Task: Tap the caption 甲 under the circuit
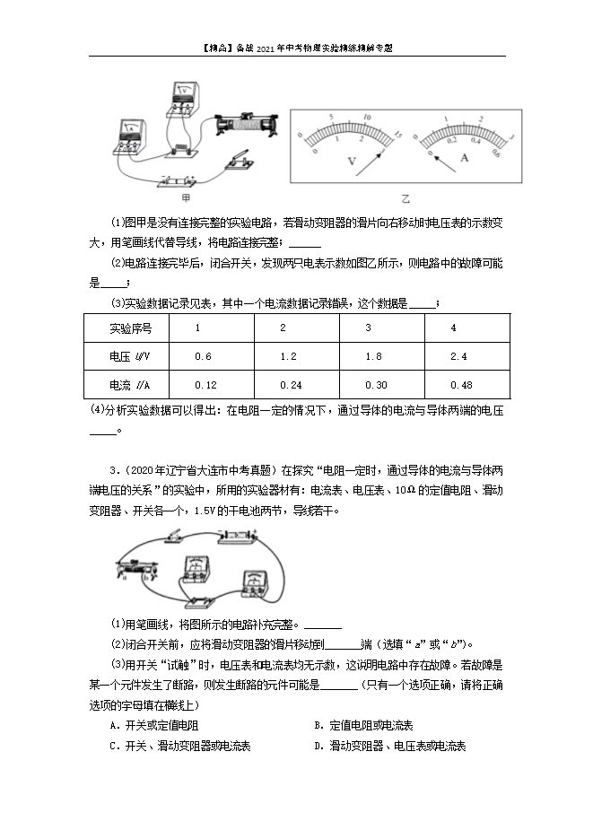[186, 197]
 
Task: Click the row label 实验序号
[130, 328]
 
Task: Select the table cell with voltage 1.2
[288, 357]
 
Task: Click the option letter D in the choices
[318, 746]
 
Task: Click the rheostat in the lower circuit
[135, 567]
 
